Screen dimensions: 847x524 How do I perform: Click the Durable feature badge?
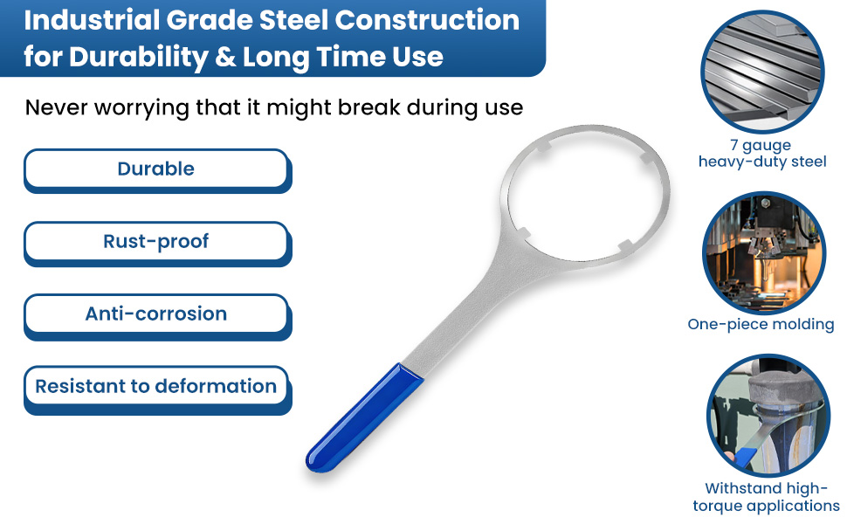pos(157,170)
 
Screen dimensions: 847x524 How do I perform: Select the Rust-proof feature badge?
pos(157,243)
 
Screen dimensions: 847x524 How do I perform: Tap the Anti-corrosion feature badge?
pos(157,315)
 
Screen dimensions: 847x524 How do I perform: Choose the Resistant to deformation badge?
pos(157,389)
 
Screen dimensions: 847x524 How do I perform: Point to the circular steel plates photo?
pos(762,72)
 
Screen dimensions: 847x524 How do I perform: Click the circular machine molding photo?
pos(764,252)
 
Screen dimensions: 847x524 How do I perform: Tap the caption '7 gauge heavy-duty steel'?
pos(762,154)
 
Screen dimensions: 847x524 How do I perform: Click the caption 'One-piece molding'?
pos(761,324)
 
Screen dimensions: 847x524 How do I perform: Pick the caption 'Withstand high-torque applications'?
pos(766,497)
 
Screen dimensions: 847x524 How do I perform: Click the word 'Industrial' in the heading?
pos(91,21)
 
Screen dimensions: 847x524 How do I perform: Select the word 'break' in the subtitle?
pos(369,107)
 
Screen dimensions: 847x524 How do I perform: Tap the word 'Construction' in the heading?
pos(427,21)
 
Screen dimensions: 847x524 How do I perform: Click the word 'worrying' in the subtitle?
pos(141,108)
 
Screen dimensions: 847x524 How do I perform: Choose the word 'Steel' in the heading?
pos(293,21)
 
